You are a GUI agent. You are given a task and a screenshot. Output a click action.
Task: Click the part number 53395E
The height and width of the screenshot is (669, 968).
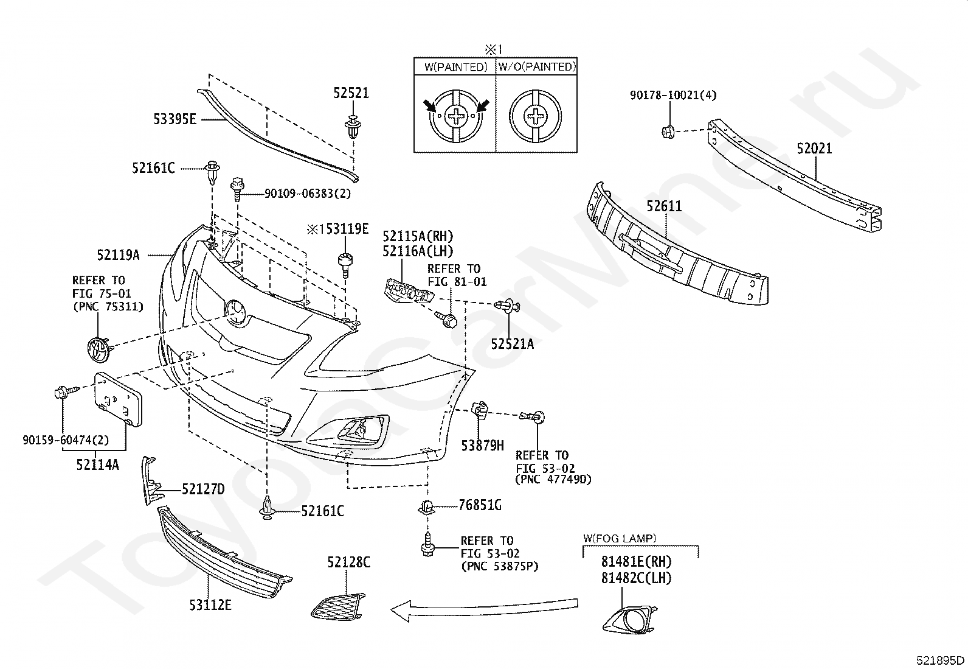175,119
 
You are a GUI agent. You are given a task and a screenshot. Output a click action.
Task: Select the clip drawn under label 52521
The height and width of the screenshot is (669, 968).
353,127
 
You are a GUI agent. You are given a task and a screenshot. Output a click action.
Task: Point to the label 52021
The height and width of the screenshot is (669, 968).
814,149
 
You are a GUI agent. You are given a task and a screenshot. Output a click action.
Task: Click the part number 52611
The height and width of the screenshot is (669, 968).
664,206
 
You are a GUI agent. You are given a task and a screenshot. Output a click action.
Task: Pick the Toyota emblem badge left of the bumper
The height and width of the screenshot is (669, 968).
99,349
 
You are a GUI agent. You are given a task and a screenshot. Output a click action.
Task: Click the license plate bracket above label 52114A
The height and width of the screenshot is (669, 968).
118,399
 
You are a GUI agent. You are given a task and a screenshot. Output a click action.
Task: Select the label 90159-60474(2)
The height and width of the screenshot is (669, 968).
66,440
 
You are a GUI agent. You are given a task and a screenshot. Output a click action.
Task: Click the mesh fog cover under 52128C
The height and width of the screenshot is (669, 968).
338,606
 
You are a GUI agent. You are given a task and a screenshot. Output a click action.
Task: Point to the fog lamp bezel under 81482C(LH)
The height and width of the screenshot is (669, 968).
630,620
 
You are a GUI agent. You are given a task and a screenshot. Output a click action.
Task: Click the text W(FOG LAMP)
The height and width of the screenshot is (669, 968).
620,538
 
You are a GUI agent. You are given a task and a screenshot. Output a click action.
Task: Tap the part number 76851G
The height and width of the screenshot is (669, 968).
480,505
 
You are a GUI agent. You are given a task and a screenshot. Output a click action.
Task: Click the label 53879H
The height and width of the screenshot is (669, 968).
482,445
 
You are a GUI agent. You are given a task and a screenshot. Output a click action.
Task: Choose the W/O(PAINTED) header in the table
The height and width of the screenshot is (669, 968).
537,66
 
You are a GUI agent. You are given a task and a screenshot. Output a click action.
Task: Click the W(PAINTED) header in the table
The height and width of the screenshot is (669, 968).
456,67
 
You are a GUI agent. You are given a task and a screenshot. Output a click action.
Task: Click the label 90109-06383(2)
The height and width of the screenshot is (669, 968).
308,194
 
